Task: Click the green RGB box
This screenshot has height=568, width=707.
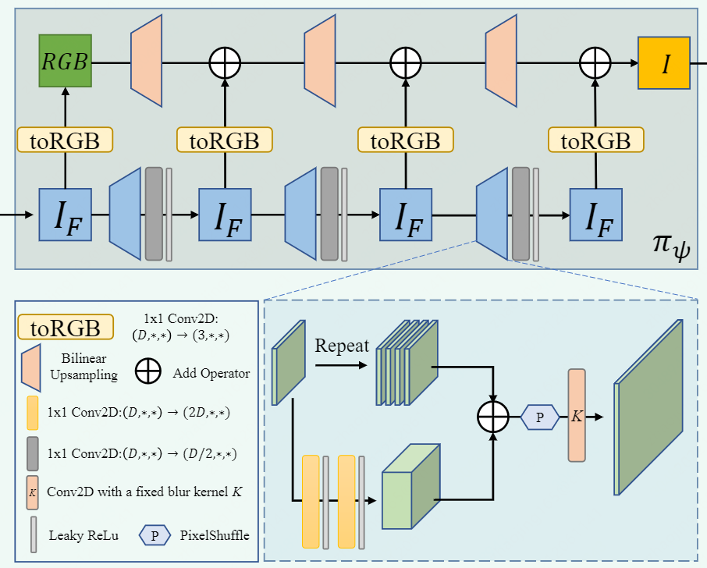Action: [66, 62]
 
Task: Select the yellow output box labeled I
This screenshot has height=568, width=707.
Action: [663, 62]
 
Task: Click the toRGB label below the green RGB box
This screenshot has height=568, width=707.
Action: [65, 140]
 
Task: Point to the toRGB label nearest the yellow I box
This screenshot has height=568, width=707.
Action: [596, 140]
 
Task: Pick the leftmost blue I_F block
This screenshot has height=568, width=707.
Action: [66, 214]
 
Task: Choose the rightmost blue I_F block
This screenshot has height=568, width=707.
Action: [596, 214]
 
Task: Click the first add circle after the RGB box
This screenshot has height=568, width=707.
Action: [225, 62]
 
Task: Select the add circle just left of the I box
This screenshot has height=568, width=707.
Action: [596, 62]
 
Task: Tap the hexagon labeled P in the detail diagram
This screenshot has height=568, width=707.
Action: [540, 417]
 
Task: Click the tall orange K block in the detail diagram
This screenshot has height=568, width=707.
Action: [577, 416]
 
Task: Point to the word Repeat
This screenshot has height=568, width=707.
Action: [341, 346]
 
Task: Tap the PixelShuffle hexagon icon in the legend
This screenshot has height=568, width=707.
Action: [155, 535]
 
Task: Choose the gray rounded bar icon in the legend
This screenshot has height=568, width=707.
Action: [32, 453]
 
